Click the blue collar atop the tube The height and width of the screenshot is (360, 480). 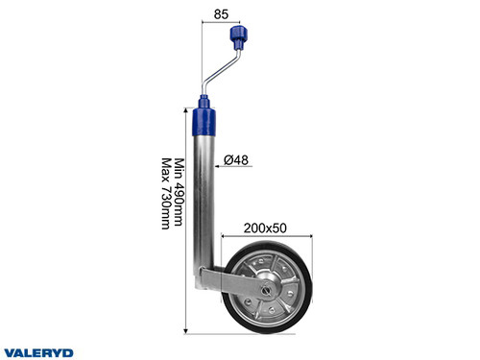point(206,120)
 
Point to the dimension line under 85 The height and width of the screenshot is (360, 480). point(219,25)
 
